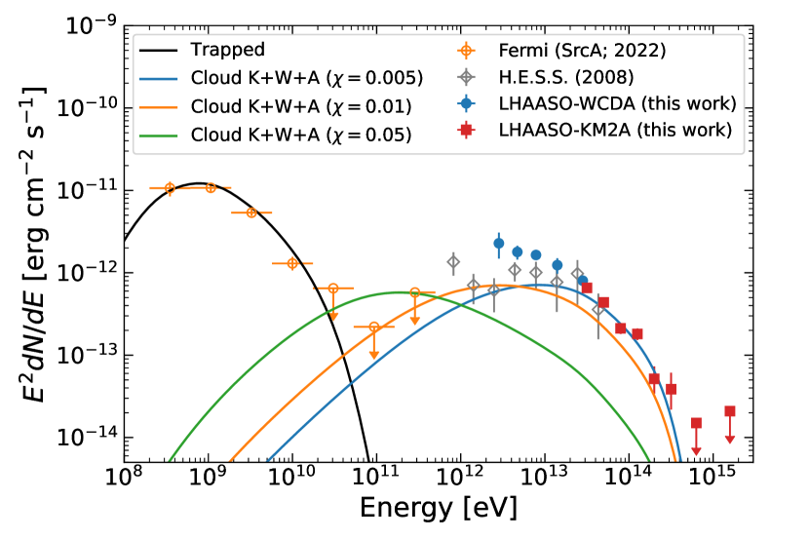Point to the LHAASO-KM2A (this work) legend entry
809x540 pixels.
[x=614, y=132]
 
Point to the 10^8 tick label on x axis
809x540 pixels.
[x=124, y=479]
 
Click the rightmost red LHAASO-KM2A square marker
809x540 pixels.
[x=729, y=411]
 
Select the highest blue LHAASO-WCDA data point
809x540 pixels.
[x=499, y=243]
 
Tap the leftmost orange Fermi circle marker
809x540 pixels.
[x=170, y=187]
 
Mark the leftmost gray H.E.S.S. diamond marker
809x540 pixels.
[x=453, y=261]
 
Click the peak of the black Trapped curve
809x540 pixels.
[x=199, y=183]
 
